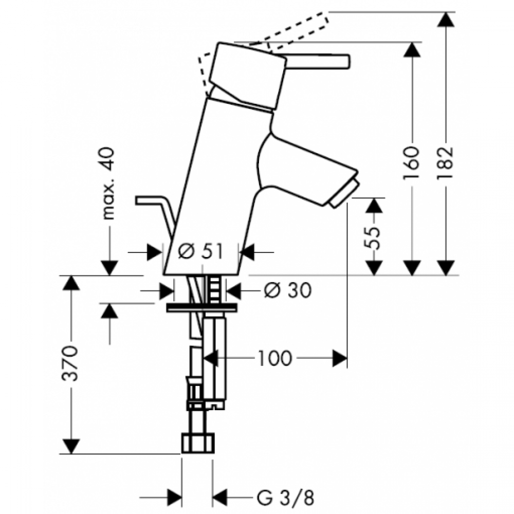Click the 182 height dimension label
tap(446, 163)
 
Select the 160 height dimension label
tap(412, 163)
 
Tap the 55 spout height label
tap(373, 238)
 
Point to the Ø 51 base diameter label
tap(200, 252)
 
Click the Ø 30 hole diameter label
tap(287, 290)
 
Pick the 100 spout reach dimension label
tap(274, 358)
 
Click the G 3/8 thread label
tap(285, 498)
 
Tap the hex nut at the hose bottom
tap(198, 443)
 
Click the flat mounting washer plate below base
tap(201, 308)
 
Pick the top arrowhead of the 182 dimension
tap(446, 20)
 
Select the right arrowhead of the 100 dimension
tap(340, 358)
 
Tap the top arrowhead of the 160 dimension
tap(412, 50)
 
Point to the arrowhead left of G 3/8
tap(174, 498)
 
